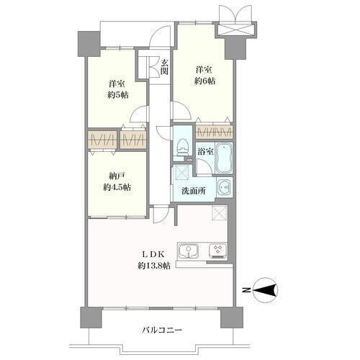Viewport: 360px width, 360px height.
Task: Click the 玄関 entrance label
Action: pos(164,67)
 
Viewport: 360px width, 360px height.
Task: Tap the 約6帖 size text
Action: pos(204,81)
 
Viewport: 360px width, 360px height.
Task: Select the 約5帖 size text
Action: pos(117,95)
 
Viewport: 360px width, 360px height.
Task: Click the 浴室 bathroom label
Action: pos(206,152)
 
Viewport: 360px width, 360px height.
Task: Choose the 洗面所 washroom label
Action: pos(194,191)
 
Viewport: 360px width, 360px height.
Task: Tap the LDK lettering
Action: pos(153,253)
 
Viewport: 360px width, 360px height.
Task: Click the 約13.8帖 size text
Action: pos(154,266)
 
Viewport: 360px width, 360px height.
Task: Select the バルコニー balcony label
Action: pos(161,330)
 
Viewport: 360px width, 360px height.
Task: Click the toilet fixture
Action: pos(182,148)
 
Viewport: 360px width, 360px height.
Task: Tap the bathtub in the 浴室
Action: pos(224,158)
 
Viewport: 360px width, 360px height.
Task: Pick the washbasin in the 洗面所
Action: pos(225,187)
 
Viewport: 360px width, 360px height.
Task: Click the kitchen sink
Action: pos(188,251)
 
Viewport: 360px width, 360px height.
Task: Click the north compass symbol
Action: pos(266,289)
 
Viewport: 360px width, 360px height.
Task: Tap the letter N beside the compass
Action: pos(246,290)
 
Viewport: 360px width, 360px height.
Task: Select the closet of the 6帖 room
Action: pos(214,132)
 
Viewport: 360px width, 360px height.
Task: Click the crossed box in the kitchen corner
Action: pos(220,212)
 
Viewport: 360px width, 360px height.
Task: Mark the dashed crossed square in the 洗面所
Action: pos(182,172)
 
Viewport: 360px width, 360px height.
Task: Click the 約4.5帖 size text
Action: pos(117,187)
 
